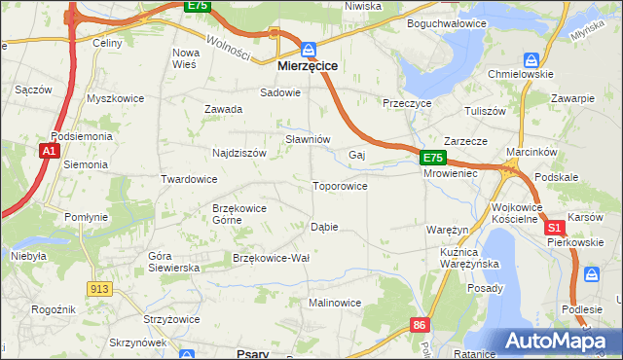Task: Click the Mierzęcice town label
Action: (x=308, y=66)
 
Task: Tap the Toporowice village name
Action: (x=339, y=185)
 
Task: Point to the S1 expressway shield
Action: (x=554, y=227)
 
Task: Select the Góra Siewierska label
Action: (x=173, y=261)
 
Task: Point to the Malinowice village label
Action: (x=335, y=303)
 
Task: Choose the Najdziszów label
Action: (x=239, y=153)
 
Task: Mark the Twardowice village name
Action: (x=189, y=179)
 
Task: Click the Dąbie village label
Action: (x=323, y=227)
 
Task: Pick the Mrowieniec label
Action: (x=449, y=173)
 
